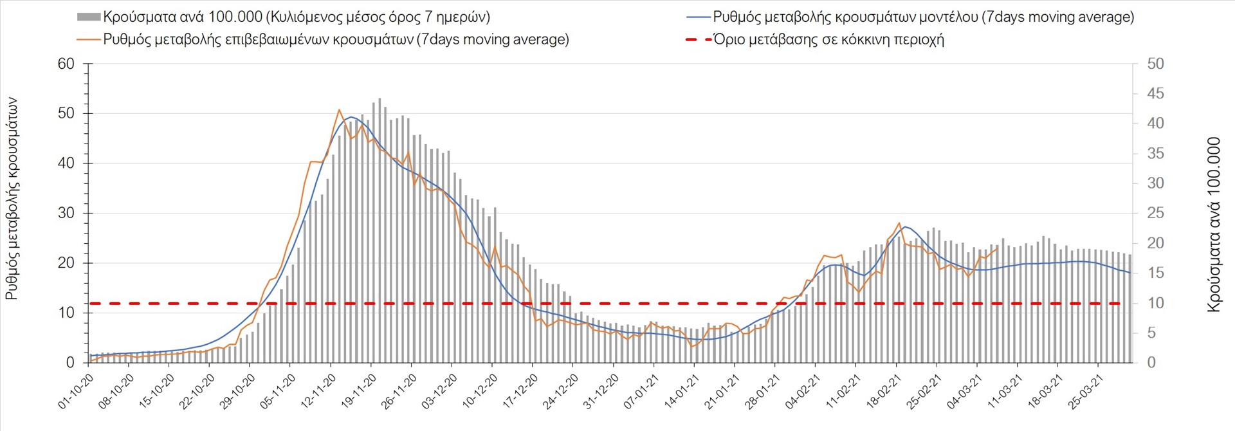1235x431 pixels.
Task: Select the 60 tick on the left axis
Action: pos(66,64)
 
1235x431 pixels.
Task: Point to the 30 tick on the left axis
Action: pos(66,213)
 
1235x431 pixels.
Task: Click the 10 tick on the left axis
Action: pos(66,313)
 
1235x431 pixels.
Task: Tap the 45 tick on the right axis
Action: pos(1155,94)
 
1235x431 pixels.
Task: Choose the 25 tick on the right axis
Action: pos(1155,213)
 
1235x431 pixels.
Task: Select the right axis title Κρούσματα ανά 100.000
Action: pos(1214,225)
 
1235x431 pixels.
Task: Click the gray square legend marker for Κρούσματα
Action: pos(88,17)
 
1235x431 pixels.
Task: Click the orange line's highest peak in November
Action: pos(339,110)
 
